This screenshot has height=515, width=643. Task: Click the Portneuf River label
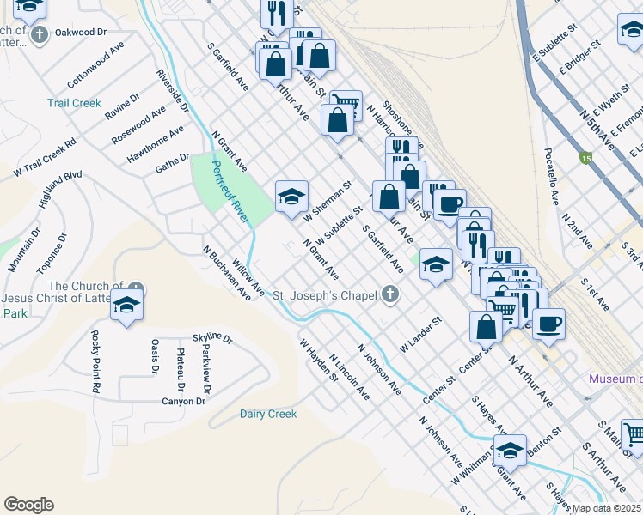tap(230, 193)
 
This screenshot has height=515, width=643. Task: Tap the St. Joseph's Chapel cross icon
tap(390, 295)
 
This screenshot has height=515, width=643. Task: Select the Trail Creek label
tap(74, 103)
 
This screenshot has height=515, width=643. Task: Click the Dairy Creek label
tap(268, 414)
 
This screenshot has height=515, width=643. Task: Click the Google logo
tap(28, 505)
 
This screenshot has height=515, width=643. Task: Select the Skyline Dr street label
tap(213, 338)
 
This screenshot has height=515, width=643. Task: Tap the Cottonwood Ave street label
tap(96, 64)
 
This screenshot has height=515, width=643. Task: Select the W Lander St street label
tap(420, 335)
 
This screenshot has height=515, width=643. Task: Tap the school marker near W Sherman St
tap(291, 197)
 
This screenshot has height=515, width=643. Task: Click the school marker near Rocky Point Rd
tap(126, 305)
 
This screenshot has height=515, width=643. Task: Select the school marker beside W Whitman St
tap(509, 450)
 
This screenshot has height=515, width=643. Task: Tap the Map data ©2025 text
tap(607, 507)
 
